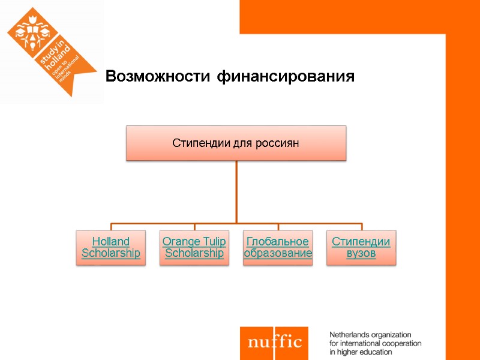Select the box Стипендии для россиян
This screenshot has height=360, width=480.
click(236, 143)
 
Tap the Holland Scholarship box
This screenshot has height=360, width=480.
click(110, 248)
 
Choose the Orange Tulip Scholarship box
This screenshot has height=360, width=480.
click(194, 248)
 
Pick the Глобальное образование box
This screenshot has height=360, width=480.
click(277, 248)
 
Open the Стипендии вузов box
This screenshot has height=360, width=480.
click(361, 248)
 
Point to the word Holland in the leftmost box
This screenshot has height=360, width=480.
click(110, 242)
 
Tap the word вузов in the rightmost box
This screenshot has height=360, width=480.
click(361, 254)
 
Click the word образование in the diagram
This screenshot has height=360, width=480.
click(278, 254)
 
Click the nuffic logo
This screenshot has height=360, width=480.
click(274, 343)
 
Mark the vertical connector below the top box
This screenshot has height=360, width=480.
click(236, 192)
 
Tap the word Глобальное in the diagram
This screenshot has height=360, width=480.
click(277, 242)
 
